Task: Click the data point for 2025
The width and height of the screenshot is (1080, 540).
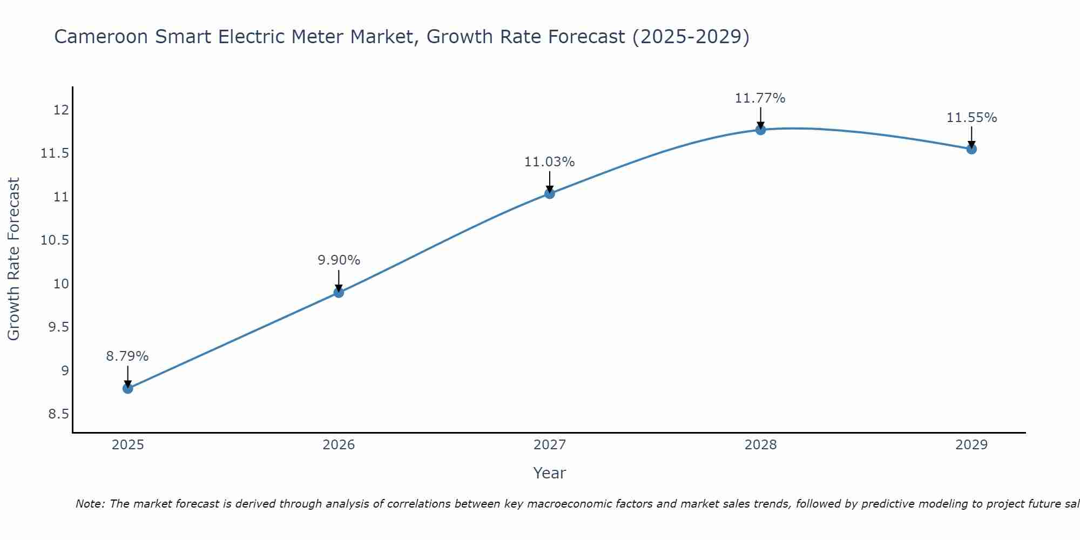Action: [127, 388]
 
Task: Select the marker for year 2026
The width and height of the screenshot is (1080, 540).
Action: [339, 292]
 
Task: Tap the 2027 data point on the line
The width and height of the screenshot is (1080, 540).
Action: [550, 193]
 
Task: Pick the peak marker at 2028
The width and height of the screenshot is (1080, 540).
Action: [760, 130]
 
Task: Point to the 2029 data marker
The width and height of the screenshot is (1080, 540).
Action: [971, 148]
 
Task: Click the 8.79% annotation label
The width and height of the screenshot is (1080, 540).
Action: [127, 356]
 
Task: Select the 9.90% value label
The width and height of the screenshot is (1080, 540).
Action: [339, 260]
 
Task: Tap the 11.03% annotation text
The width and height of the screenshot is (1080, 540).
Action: [549, 162]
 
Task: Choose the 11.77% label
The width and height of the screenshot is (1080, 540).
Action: [760, 98]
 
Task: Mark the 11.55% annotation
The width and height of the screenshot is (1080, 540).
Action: [971, 118]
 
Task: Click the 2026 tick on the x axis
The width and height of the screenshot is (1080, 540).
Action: [339, 445]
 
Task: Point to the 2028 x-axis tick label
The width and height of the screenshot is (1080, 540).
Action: [760, 445]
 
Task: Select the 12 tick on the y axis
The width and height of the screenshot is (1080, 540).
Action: [61, 110]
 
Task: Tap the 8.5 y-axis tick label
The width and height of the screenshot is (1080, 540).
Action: [58, 414]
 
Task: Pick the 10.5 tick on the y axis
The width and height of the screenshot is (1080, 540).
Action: [55, 240]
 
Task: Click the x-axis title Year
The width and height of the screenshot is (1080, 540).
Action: [549, 473]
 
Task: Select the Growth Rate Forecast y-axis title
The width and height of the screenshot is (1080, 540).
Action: [13, 259]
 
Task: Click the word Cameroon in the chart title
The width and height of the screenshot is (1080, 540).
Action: [101, 37]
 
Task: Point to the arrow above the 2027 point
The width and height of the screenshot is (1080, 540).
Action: [550, 180]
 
